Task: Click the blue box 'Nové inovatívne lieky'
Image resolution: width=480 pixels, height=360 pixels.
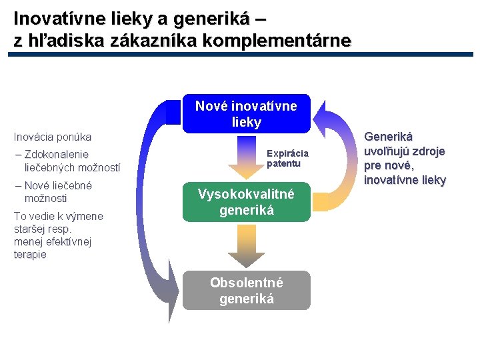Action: [x=246, y=114]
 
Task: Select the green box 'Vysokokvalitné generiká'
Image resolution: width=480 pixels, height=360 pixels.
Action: [x=246, y=202]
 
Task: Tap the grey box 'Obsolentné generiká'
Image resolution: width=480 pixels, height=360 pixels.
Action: [x=246, y=291]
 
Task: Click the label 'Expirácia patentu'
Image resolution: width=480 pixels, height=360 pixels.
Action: [x=287, y=158]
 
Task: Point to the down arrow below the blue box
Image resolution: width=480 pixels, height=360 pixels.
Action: [x=246, y=159]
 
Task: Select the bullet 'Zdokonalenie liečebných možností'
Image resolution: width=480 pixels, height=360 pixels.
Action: [x=67, y=161]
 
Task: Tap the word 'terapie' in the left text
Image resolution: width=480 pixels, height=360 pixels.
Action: [x=30, y=255]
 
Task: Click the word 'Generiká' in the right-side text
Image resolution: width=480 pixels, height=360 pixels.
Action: [x=388, y=137]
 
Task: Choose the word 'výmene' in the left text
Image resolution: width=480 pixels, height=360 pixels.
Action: [x=87, y=215]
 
